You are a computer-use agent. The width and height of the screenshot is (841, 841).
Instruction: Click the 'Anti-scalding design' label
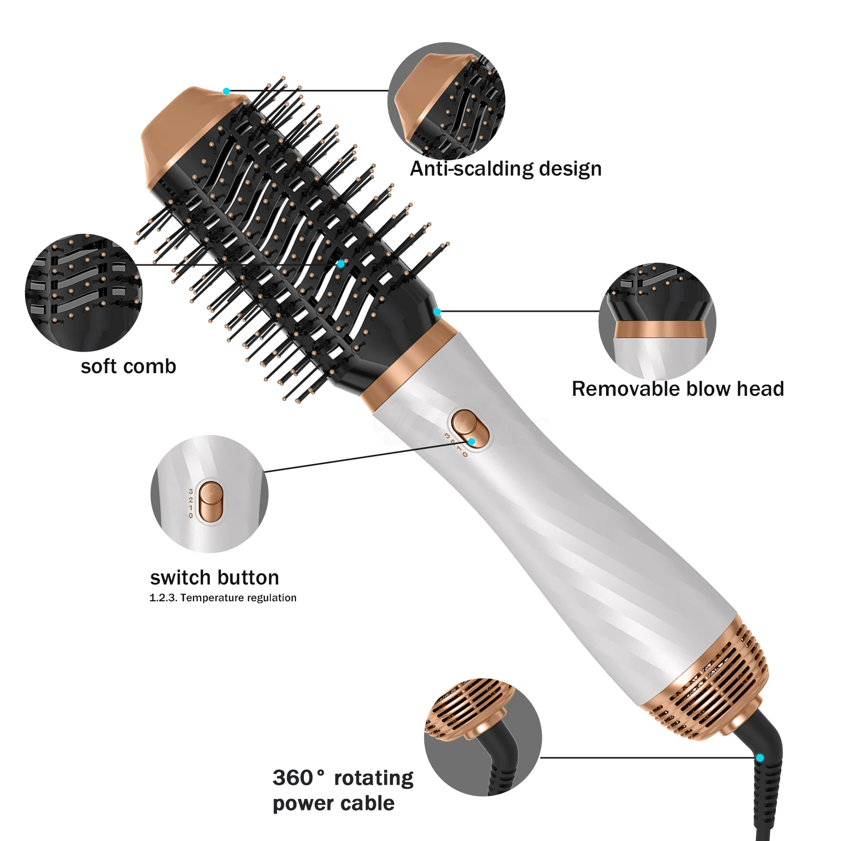[506, 169]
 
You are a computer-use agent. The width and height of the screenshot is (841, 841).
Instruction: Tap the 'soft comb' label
[128, 366]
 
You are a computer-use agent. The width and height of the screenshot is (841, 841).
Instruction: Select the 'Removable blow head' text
[678, 389]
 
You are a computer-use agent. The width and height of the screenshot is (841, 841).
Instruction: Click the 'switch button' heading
[214, 578]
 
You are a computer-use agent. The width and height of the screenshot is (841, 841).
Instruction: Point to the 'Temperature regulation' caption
[238, 598]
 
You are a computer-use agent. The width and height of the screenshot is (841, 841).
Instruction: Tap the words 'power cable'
[334, 804]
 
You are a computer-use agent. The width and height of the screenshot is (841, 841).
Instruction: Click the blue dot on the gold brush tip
[226, 91]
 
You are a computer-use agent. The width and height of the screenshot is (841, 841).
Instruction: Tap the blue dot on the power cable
[760, 758]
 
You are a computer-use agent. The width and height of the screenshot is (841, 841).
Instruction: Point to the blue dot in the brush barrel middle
[341, 263]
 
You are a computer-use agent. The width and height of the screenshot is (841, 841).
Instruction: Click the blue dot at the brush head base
[437, 312]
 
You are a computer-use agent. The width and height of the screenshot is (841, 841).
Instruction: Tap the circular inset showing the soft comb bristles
[84, 292]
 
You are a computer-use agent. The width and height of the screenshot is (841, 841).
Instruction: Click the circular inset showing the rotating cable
[483, 736]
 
